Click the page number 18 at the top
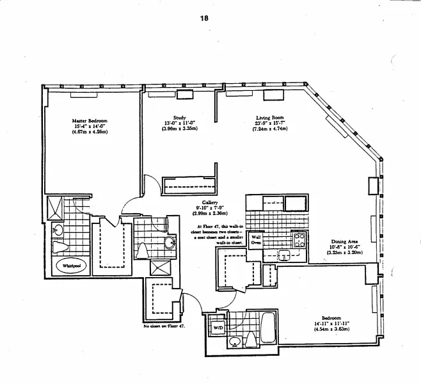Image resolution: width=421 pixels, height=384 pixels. coord(204,18)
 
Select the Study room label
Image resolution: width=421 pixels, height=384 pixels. coord(179,118)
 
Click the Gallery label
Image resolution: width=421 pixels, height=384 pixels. coord(210,202)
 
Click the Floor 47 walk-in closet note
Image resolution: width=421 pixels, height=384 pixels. coord(215,234)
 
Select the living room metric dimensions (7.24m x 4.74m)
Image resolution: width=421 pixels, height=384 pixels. coord(269,130)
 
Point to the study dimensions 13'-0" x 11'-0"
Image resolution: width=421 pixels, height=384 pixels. coord(179,124)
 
